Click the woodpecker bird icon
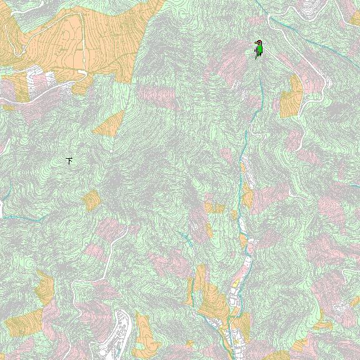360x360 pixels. [258, 49]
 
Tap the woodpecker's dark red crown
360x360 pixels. [258, 42]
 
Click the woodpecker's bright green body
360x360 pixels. [259, 51]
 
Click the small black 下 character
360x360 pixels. [69, 161]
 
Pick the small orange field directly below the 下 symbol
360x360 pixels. [91, 200]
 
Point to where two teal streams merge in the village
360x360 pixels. [229, 320]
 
